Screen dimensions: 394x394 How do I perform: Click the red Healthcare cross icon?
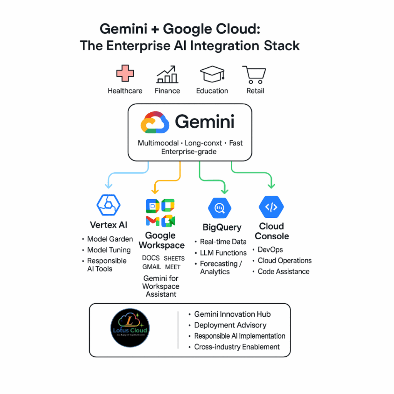pyautogui.click(x=125, y=73)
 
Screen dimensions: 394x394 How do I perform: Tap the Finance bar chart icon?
pyautogui.click(x=167, y=75)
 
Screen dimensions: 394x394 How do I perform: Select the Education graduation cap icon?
pyautogui.click(x=212, y=74)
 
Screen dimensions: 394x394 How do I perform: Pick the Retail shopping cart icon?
pyautogui.click(x=254, y=74)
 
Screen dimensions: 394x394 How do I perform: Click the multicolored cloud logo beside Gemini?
pyautogui.click(x=155, y=122)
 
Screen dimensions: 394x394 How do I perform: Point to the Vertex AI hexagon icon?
pyautogui.click(x=109, y=204)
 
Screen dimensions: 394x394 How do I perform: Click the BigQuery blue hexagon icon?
pyautogui.click(x=219, y=208)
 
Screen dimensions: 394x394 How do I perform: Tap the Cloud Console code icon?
pyautogui.click(x=271, y=207)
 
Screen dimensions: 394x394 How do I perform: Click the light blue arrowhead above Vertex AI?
pyautogui.click(x=109, y=185)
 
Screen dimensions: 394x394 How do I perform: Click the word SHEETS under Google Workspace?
pyautogui.click(x=174, y=259)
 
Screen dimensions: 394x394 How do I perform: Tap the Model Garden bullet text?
pyautogui.click(x=110, y=239)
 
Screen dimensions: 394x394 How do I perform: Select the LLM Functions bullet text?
pyautogui.click(x=223, y=253)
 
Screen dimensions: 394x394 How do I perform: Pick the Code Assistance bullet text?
pyautogui.click(x=284, y=271)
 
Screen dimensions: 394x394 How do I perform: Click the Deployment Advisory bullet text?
pyautogui.click(x=230, y=325)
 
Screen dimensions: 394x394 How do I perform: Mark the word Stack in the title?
pyautogui.click(x=282, y=46)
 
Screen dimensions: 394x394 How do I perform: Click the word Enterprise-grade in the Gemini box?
pyautogui.click(x=189, y=152)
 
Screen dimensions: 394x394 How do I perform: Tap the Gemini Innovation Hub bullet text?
pyautogui.click(x=232, y=314)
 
